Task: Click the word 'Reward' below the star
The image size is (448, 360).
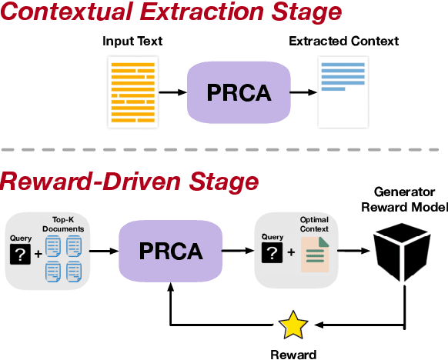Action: [292, 353]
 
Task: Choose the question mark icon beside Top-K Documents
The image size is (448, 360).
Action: [21, 253]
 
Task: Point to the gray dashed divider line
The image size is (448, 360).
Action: [224, 149]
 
